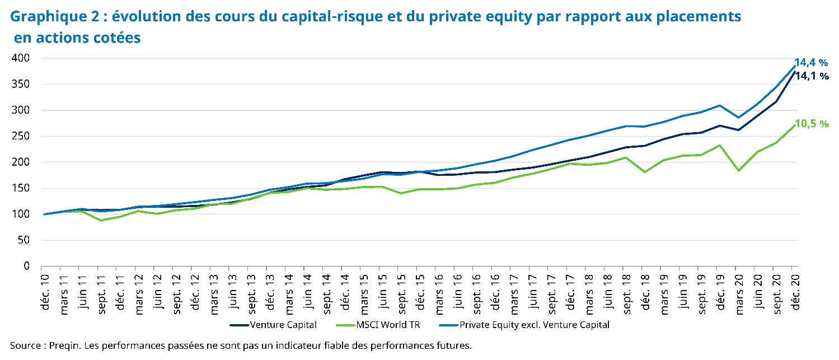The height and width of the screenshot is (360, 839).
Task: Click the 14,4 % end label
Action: coord(811,63)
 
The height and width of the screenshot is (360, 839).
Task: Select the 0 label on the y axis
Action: coord(27,267)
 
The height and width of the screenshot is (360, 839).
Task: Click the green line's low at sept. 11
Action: coord(101,220)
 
